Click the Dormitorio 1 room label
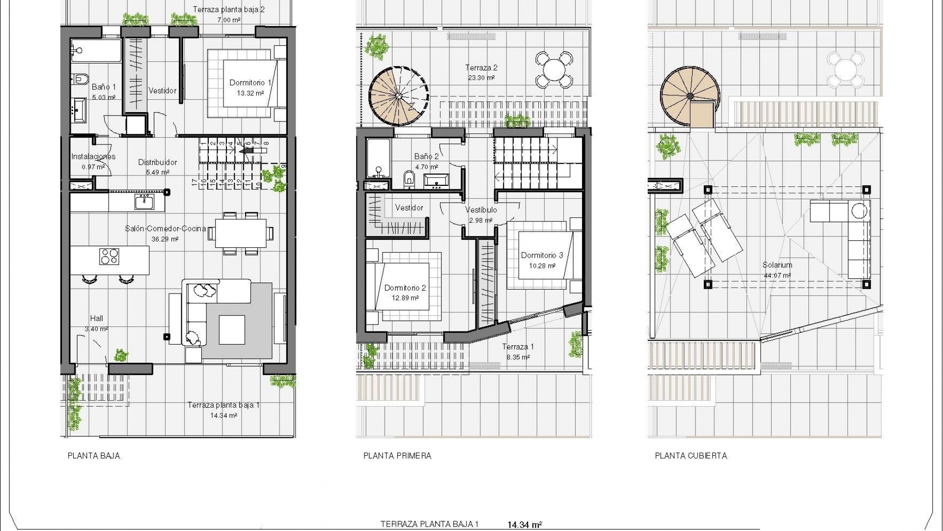[x=250, y=83]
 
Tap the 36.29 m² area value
[x=165, y=239]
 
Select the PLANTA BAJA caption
[x=94, y=456]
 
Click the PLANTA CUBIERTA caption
[x=691, y=456]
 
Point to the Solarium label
[x=777, y=265]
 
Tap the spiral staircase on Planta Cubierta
[x=689, y=98]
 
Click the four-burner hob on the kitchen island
[x=109, y=257]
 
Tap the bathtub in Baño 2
[x=378, y=157]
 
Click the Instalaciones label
[x=93, y=157]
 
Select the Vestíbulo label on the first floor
[x=481, y=210]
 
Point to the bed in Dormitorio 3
[x=545, y=256]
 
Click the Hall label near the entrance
[x=96, y=319]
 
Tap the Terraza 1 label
[x=518, y=347]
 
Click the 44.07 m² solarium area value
[x=777, y=276]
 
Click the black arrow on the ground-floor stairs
[x=247, y=151]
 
